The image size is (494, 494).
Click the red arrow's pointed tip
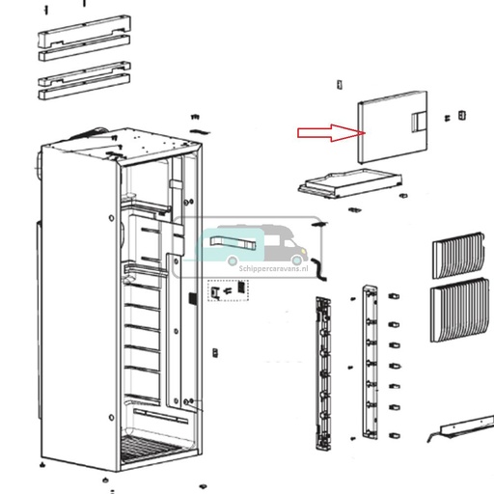pos(357,133)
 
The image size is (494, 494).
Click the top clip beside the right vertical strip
pos(394,291)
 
